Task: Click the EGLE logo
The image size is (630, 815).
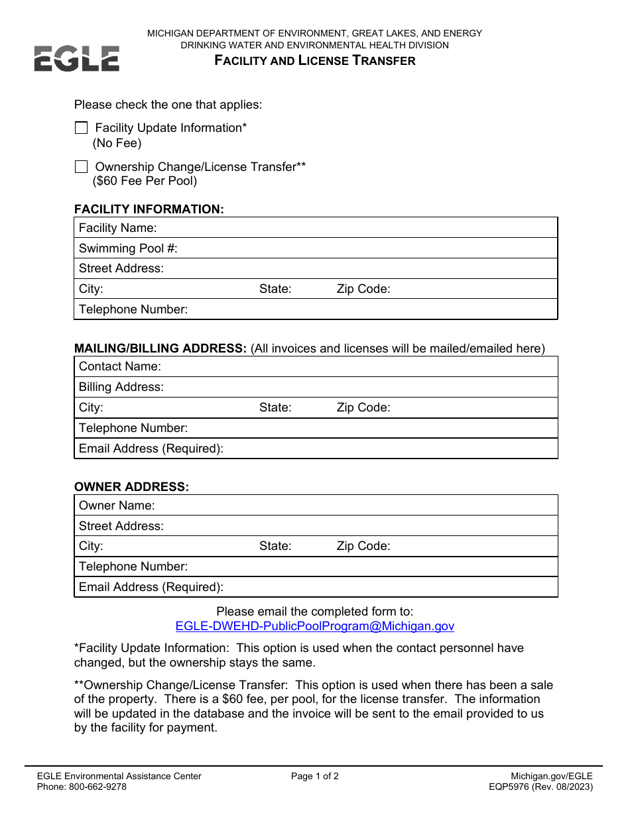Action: click(77, 58)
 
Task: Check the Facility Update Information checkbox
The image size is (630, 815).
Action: click(81, 128)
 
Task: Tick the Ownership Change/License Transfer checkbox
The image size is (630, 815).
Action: click(81, 167)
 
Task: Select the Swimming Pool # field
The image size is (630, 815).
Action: click(365, 248)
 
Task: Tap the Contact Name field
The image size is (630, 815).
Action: click(358, 366)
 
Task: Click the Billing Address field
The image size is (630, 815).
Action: click(358, 387)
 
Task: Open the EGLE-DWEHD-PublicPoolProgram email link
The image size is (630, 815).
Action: click(314, 626)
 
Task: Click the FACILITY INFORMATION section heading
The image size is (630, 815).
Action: click(149, 209)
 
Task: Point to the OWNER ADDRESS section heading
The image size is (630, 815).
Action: click(131, 487)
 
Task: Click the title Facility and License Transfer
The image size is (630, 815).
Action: click(314, 61)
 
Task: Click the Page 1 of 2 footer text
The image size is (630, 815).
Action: click(314, 777)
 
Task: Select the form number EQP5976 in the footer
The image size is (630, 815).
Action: click(512, 787)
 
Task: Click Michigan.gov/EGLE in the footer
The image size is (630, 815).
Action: click(552, 777)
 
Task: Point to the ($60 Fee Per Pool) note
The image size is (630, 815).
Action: click(145, 181)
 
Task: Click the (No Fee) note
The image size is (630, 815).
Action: click(117, 143)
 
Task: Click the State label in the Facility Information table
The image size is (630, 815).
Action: click(275, 289)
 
